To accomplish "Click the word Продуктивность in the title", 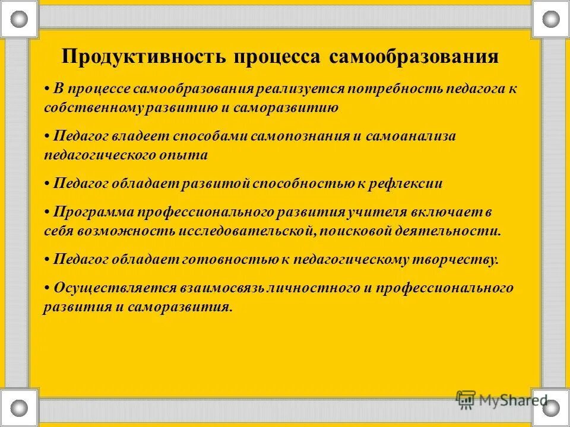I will [x=143, y=57].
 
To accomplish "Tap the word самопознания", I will [x=300, y=136].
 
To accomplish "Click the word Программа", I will [x=93, y=212].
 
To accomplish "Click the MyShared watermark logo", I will [x=502, y=399].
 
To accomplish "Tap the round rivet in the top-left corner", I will [x=19, y=18].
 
